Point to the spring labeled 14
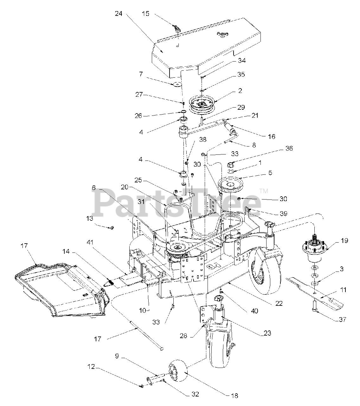pyautogui.click(x=109, y=282)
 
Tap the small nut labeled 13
pyautogui.click(x=112, y=228)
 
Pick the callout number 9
pyautogui.click(x=117, y=356)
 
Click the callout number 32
pyautogui.click(x=195, y=394)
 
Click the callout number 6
pyautogui.click(x=94, y=188)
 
